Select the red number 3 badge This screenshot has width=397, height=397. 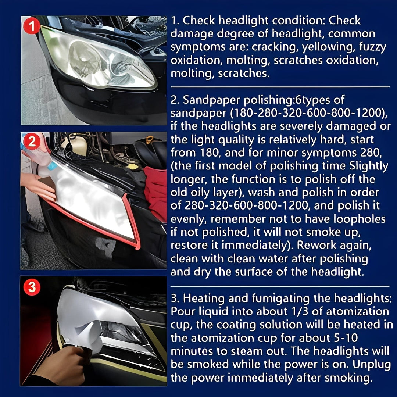tap(32, 287)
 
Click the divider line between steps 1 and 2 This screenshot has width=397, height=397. tap(280, 87)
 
